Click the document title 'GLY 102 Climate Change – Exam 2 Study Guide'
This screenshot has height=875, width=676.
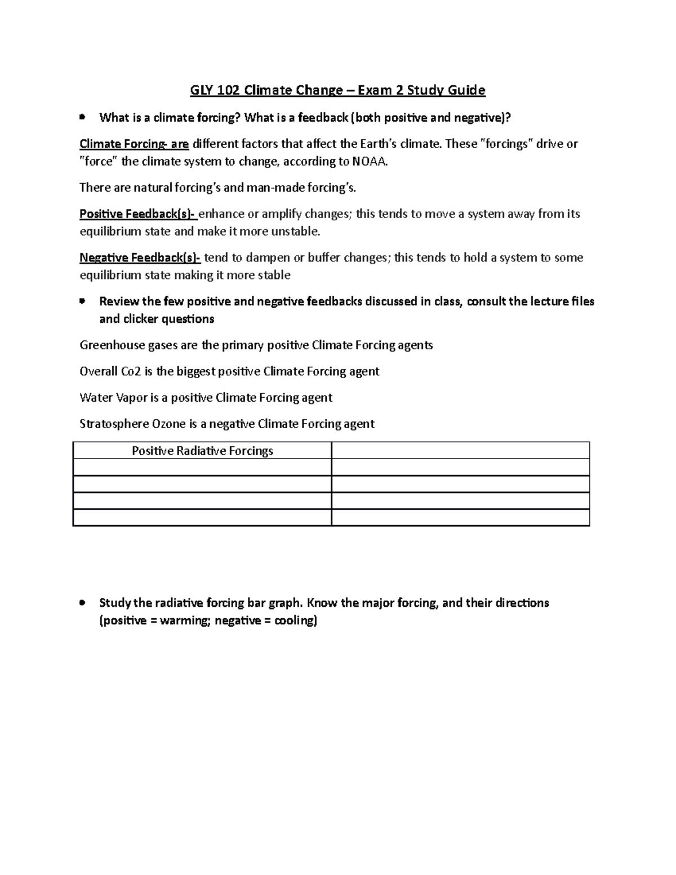pos(337,90)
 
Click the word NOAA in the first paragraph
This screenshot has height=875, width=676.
pos(370,162)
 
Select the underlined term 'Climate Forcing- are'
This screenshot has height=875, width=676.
pos(134,144)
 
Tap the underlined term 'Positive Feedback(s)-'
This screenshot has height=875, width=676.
pos(137,214)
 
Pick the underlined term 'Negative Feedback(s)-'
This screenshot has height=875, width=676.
pos(140,258)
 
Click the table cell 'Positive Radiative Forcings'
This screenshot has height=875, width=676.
pos(202,451)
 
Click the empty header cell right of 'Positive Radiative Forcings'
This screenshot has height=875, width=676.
pos(460,451)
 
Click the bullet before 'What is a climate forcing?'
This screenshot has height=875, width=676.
pos(83,117)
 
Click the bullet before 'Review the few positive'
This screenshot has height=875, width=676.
pos(83,301)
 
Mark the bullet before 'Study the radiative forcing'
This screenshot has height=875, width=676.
pos(83,603)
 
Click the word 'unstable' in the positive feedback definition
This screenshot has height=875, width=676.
pos(294,232)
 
